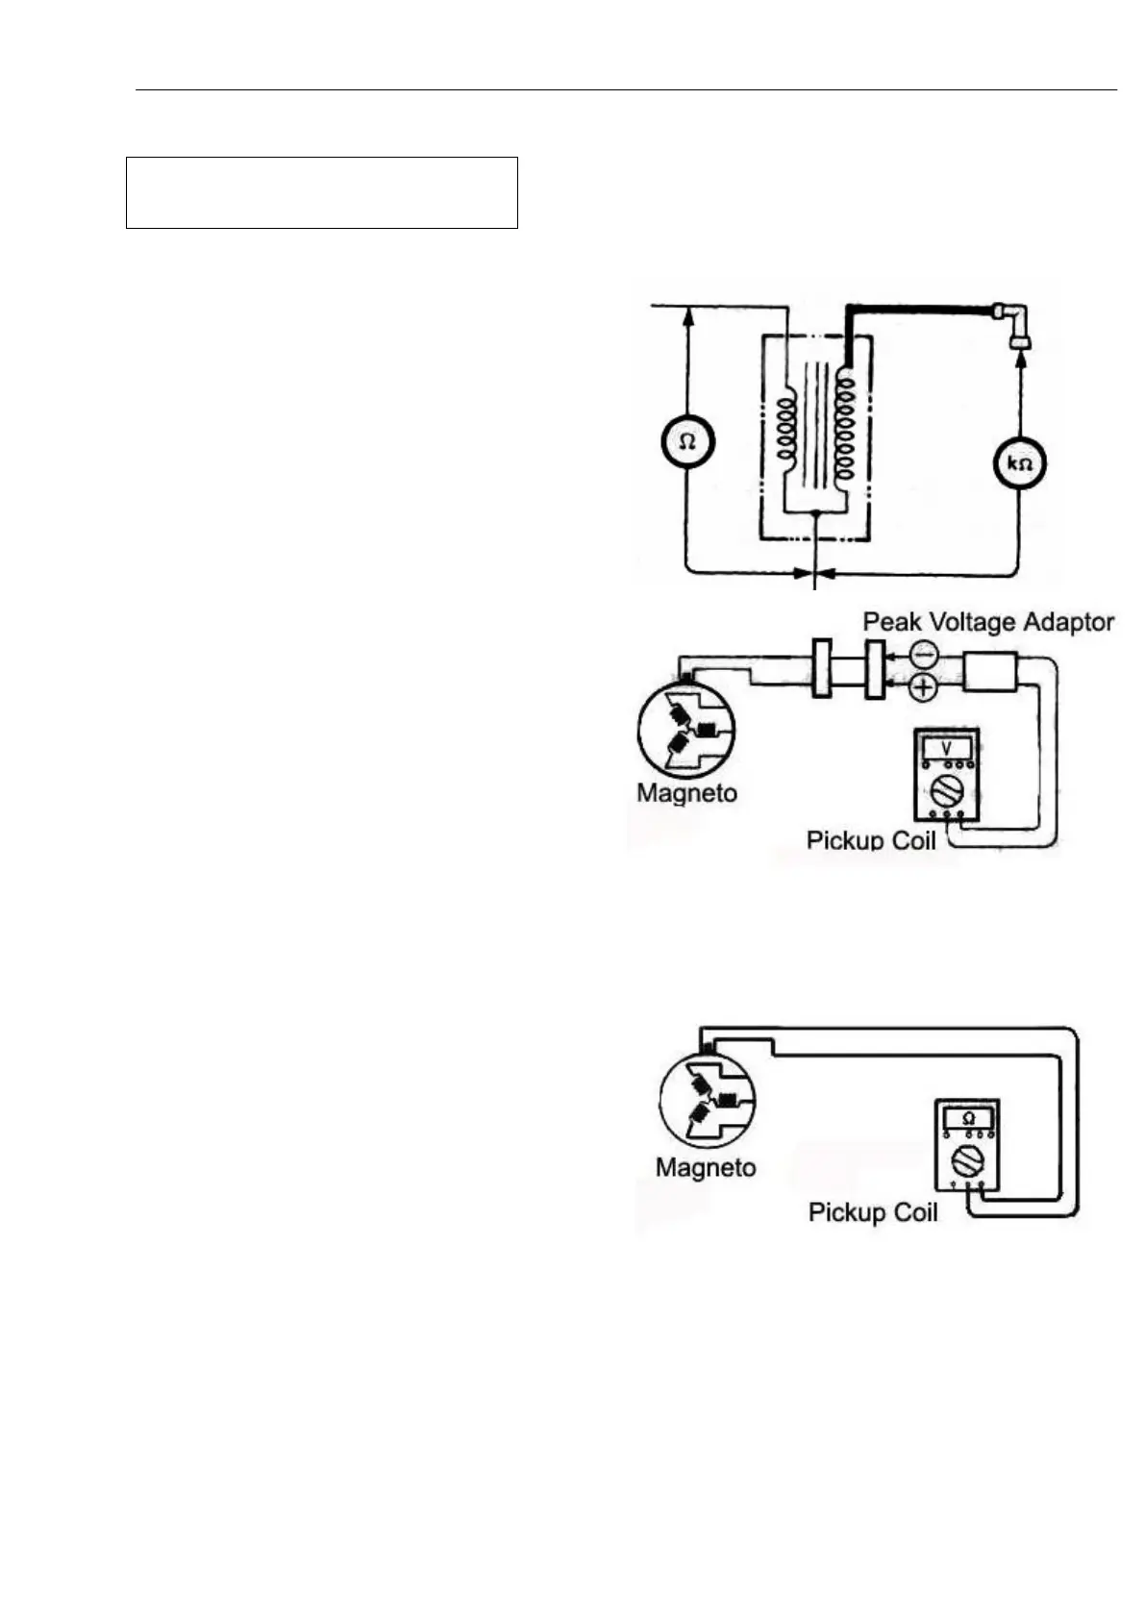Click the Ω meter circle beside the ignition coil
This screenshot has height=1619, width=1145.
pyautogui.click(x=687, y=442)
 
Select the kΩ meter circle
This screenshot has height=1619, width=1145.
pyautogui.click(x=1019, y=463)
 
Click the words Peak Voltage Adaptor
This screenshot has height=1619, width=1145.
pyautogui.click(x=988, y=622)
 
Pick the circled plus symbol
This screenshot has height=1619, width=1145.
pyautogui.click(x=923, y=686)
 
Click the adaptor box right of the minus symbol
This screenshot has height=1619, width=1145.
pyautogui.click(x=989, y=670)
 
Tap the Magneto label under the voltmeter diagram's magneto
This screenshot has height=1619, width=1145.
pyautogui.click(x=687, y=793)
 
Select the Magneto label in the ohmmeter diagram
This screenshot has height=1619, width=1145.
pyautogui.click(x=706, y=1167)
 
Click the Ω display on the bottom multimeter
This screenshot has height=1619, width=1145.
pyautogui.click(x=968, y=1118)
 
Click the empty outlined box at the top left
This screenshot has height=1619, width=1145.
pyautogui.click(x=321, y=192)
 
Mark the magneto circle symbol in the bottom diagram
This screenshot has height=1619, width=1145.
pyautogui.click(x=708, y=1100)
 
